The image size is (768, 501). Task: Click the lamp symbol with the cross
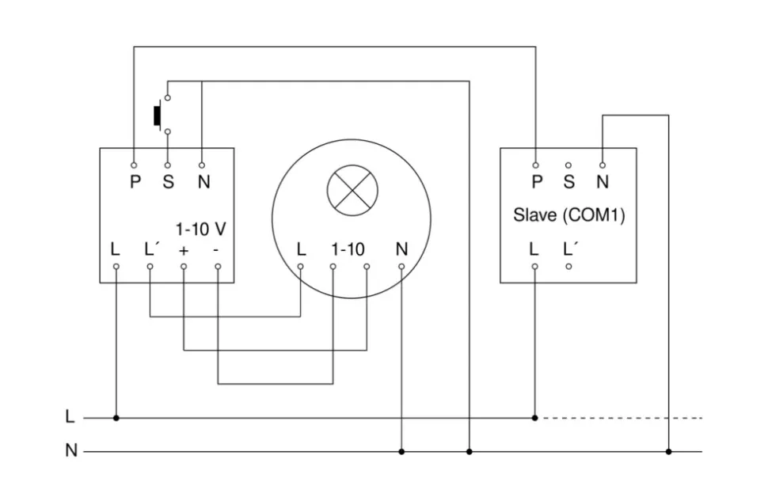pyautogui.click(x=352, y=190)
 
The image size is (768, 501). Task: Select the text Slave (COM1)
pyautogui.click(x=568, y=214)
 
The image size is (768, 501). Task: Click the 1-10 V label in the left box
pyautogui.click(x=200, y=230)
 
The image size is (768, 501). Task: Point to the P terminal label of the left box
pyautogui.click(x=135, y=182)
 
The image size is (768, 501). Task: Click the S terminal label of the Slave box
pyautogui.click(x=568, y=182)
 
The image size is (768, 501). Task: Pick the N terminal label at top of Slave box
pyautogui.click(x=603, y=182)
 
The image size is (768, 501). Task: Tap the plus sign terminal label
pyautogui.click(x=184, y=250)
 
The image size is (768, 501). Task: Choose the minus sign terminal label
pyautogui.click(x=217, y=250)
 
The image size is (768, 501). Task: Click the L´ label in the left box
pyautogui.click(x=152, y=249)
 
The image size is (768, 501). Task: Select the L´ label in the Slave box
pyautogui.click(x=571, y=249)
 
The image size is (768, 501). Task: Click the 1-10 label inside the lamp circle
pyautogui.click(x=348, y=249)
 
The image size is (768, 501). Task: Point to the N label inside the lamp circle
pyautogui.click(x=401, y=249)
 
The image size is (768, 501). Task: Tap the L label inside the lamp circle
pyautogui.click(x=301, y=249)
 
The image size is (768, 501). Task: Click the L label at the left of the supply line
pyautogui.click(x=70, y=416)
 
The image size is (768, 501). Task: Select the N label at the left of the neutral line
pyautogui.click(x=71, y=451)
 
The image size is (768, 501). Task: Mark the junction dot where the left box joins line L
pyautogui.click(x=116, y=417)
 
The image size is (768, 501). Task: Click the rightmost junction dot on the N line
pyautogui.click(x=668, y=452)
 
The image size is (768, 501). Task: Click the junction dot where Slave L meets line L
pyautogui.click(x=535, y=417)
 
